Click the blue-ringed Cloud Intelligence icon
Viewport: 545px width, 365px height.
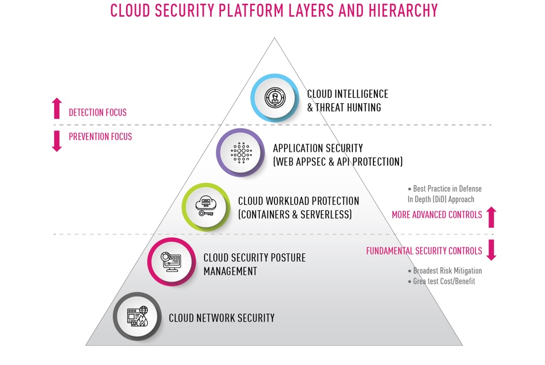(x=274, y=98)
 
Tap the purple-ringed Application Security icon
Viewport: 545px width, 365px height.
(x=240, y=152)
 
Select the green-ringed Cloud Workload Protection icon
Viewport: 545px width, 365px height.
(x=206, y=207)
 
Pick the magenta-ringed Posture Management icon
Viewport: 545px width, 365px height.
(x=172, y=262)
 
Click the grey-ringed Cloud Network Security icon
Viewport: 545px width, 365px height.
(x=137, y=317)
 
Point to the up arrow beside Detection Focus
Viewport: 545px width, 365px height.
(x=57, y=108)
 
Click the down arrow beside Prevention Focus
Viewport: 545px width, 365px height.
(x=57, y=141)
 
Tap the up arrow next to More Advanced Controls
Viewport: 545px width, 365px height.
(x=491, y=217)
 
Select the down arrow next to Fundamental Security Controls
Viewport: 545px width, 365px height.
(x=491, y=250)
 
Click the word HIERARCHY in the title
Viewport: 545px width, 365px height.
(x=403, y=10)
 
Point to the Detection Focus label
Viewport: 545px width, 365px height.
(x=97, y=112)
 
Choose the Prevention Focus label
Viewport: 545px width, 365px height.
(x=101, y=137)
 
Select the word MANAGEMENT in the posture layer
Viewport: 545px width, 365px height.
(x=231, y=271)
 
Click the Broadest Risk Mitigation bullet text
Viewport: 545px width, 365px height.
(x=445, y=271)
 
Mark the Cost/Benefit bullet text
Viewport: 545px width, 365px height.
(x=442, y=281)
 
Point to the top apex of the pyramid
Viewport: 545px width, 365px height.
(x=274, y=37)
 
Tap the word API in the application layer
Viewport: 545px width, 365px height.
(x=344, y=162)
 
